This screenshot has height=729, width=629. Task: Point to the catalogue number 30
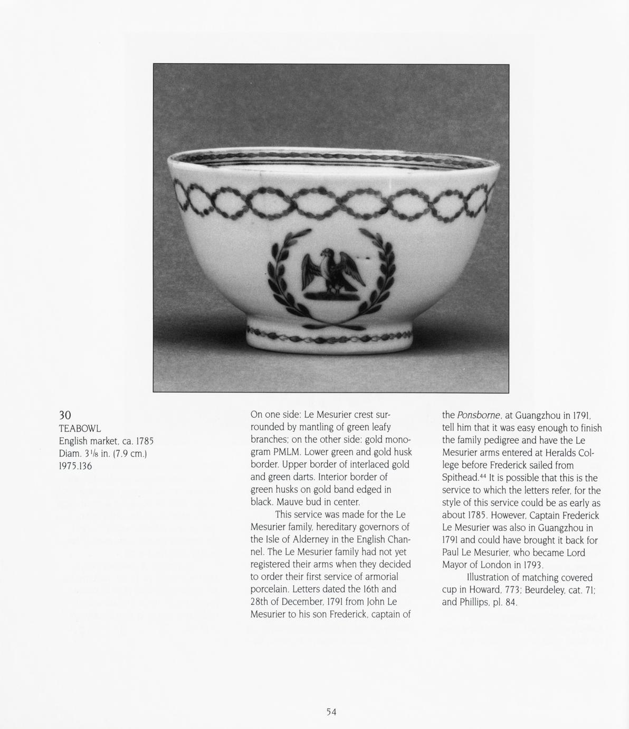tap(65, 415)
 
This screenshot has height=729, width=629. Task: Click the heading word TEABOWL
tap(80, 428)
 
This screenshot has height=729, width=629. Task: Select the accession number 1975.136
tap(75, 466)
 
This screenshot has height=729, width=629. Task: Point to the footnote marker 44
tap(482, 475)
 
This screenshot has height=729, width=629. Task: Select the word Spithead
tap(459, 478)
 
